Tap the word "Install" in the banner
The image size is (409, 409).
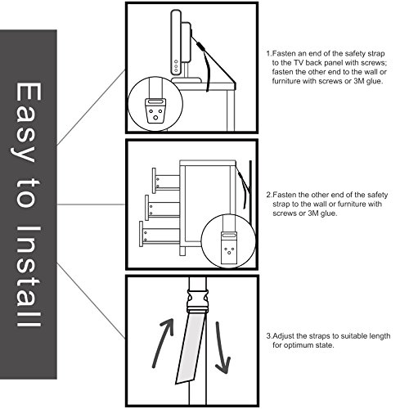tap(29, 276)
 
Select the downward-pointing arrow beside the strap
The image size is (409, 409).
tap(222, 348)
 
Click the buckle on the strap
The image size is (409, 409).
tap(197, 301)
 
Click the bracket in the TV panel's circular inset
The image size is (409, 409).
tap(155, 110)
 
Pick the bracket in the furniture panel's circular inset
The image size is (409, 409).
tap(229, 248)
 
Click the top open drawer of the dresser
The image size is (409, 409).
tap(166, 180)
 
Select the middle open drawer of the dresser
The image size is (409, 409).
tap(162, 208)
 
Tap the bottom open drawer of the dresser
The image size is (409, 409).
tap(160, 234)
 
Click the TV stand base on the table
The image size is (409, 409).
tap(187, 80)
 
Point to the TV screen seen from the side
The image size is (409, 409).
tap(176, 43)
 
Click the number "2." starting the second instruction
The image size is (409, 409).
tap(269, 195)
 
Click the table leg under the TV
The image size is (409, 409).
tap(231, 110)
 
